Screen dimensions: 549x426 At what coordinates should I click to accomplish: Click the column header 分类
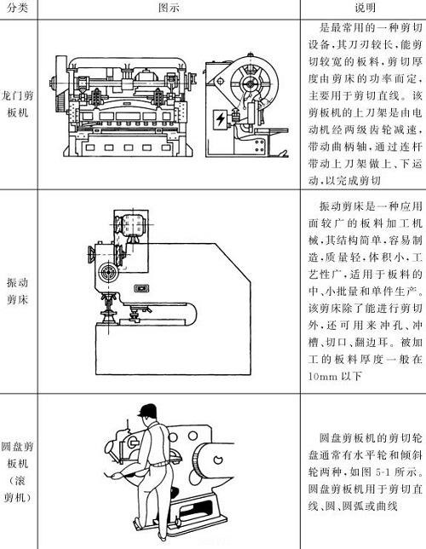18,8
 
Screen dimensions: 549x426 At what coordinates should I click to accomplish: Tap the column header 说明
364,8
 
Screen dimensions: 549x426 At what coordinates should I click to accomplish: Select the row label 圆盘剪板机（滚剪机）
18,477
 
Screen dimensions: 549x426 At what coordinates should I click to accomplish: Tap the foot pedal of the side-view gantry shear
266,152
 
